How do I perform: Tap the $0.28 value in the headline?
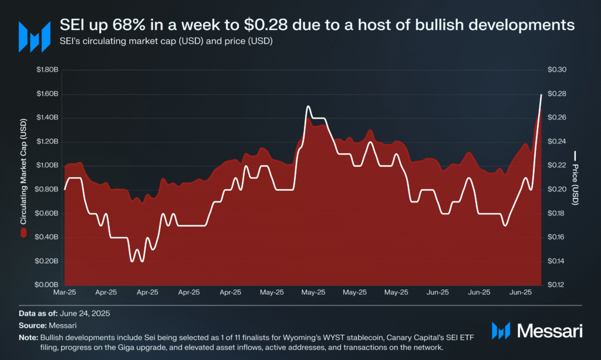click(266, 25)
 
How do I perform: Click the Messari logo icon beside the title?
click(35, 37)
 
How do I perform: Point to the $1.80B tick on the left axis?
click(47, 70)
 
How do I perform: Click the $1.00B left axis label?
click(47, 165)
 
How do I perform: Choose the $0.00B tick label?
click(46, 285)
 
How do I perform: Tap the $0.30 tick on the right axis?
click(557, 70)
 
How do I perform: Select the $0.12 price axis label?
click(556, 285)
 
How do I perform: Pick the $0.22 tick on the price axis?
click(557, 165)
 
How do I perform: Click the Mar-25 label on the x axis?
click(65, 292)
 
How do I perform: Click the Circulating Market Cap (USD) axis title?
click(23, 171)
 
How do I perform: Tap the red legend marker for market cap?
click(23, 233)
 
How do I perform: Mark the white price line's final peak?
click(541, 95)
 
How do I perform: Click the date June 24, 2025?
click(85, 314)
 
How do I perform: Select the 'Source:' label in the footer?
click(33, 325)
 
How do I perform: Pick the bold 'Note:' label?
click(28, 338)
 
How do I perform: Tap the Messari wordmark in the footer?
click(549, 331)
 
